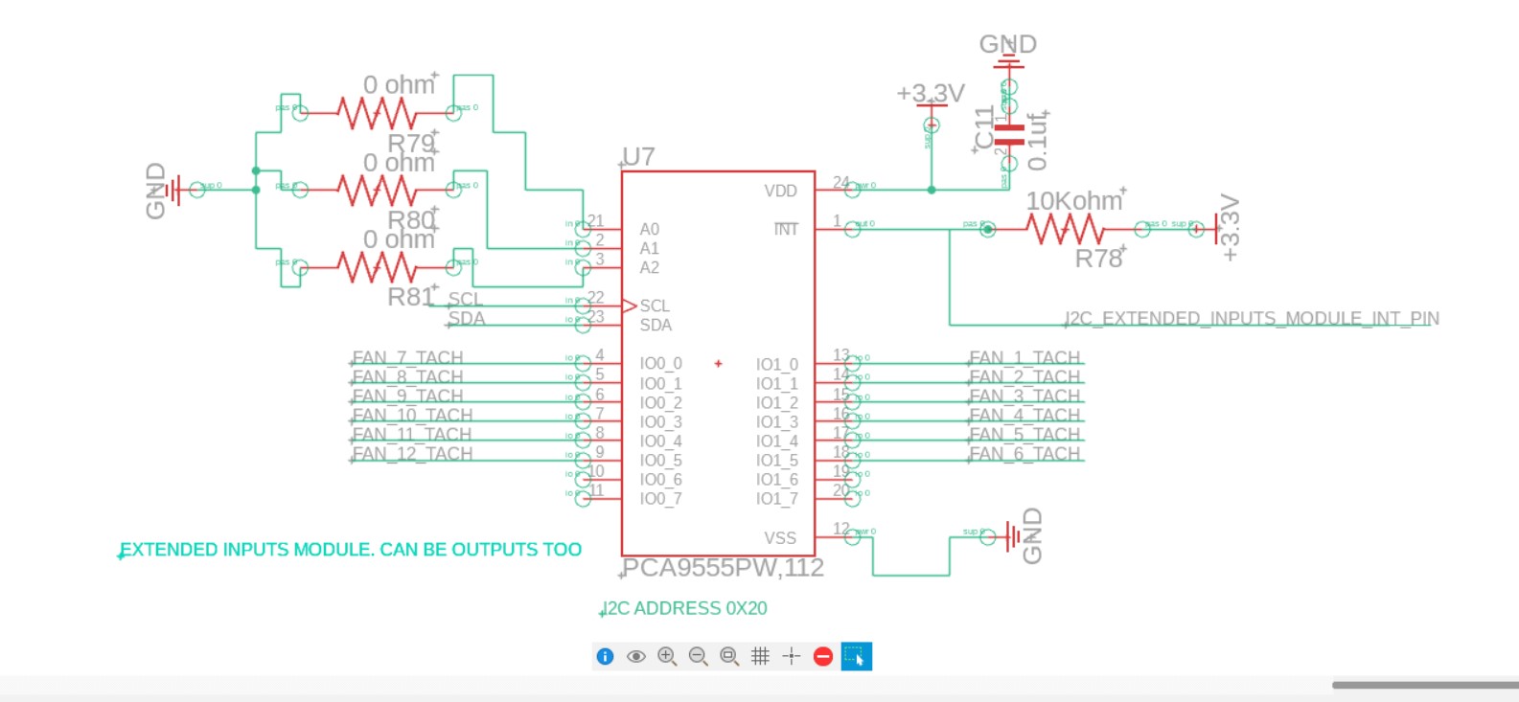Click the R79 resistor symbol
point(377,114)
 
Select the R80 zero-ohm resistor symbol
point(377,191)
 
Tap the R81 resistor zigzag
point(377,267)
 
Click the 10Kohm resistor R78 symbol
point(1064,229)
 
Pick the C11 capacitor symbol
point(1008,133)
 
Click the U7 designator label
point(638,157)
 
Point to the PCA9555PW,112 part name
point(723,568)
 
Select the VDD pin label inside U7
point(780,191)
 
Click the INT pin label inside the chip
point(786,230)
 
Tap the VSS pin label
point(780,538)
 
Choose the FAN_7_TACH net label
point(407,358)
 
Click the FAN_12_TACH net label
point(412,454)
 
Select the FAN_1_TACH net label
point(1024,358)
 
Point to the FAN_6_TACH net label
point(1024,454)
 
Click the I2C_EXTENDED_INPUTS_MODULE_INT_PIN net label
point(1252,318)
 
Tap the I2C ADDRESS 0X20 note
point(684,608)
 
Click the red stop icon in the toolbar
point(822,656)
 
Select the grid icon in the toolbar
point(760,656)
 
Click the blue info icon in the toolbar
point(605,656)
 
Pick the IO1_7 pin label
point(776,499)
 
